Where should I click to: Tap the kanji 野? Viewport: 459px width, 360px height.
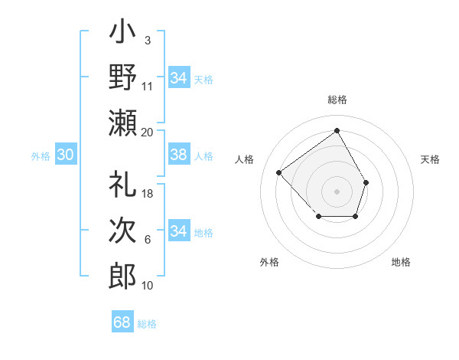tap(123, 77)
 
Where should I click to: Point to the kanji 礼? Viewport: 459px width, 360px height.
tap(123, 185)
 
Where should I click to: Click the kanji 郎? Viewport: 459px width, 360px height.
tap(123, 274)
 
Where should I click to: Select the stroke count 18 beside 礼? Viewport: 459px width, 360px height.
tap(148, 194)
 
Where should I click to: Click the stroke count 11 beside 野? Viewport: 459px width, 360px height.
tap(148, 86)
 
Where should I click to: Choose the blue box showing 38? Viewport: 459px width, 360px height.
tap(178, 155)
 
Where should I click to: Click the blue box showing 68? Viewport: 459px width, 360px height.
tap(122, 322)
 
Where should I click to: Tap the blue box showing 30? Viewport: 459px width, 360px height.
tap(66, 155)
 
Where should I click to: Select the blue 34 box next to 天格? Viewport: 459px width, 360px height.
tap(178, 78)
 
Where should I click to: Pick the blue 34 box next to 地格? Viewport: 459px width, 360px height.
tap(178, 231)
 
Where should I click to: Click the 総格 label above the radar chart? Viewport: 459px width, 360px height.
tap(337, 100)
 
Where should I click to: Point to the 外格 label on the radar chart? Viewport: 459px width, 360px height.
tap(269, 262)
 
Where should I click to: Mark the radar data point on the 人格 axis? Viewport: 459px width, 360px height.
tap(279, 173)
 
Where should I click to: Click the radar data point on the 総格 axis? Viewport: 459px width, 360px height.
tap(337, 130)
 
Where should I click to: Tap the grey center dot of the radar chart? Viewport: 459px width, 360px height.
tap(337, 191)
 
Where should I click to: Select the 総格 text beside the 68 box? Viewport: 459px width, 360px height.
tap(147, 324)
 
